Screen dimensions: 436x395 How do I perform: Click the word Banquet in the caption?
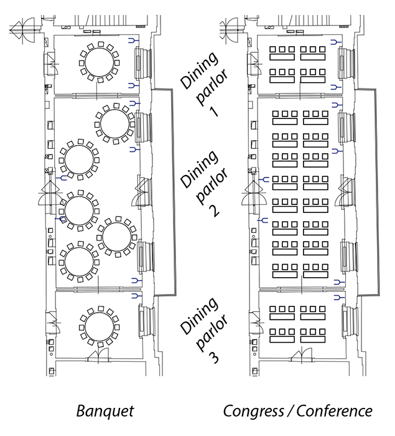105,411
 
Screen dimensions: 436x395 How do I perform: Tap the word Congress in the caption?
251,411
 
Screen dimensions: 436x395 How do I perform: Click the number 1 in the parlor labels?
214,111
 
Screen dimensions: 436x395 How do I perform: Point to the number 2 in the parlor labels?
213,210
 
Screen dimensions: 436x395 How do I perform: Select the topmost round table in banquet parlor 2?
114,125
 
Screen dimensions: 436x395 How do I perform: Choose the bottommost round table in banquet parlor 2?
78,262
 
